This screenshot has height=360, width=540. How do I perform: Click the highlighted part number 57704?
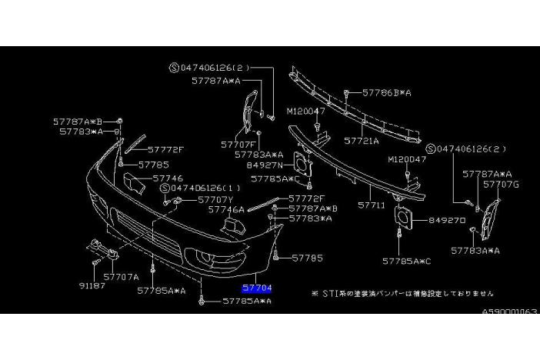click(256, 288)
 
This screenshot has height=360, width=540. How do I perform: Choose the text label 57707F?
click(238, 144)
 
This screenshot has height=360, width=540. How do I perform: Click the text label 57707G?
click(502, 185)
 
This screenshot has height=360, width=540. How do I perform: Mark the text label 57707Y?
click(216, 200)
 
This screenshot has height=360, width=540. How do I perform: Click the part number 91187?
click(92, 283)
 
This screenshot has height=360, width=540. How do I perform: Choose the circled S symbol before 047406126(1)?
click(165, 188)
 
